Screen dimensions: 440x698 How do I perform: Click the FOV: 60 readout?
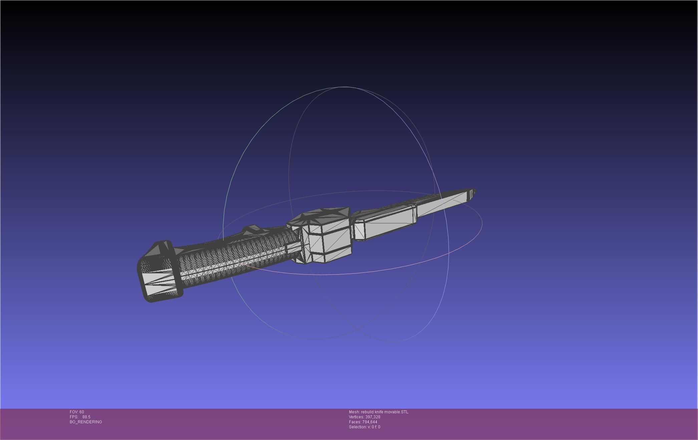(77, 412)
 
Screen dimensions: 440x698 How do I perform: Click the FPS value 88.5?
(86, 417)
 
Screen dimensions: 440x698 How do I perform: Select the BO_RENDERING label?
(86, 422)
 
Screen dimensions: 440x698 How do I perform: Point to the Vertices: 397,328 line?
(364, 417)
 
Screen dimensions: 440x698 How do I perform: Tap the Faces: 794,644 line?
(363, 422)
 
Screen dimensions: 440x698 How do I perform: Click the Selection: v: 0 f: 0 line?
(364, 427)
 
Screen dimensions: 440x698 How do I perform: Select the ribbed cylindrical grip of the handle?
(234, 258)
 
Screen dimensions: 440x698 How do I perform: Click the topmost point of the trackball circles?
(344, 87)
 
